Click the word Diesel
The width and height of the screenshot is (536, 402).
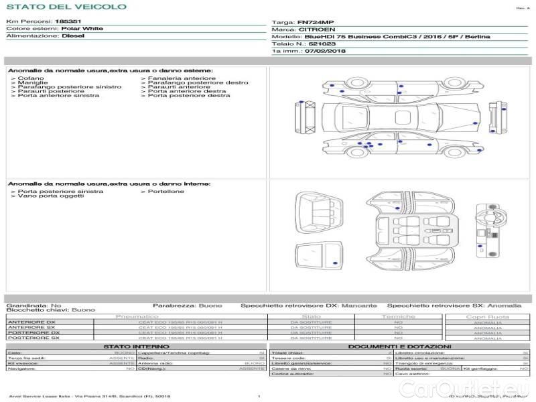point(73,36)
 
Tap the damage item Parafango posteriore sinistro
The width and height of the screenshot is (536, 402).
point(70,86)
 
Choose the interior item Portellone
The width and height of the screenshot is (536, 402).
point(166,192)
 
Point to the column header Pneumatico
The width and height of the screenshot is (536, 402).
point(137,316)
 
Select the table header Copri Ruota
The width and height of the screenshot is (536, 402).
point(487,317)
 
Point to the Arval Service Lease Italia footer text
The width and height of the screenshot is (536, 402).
point(90,397)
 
